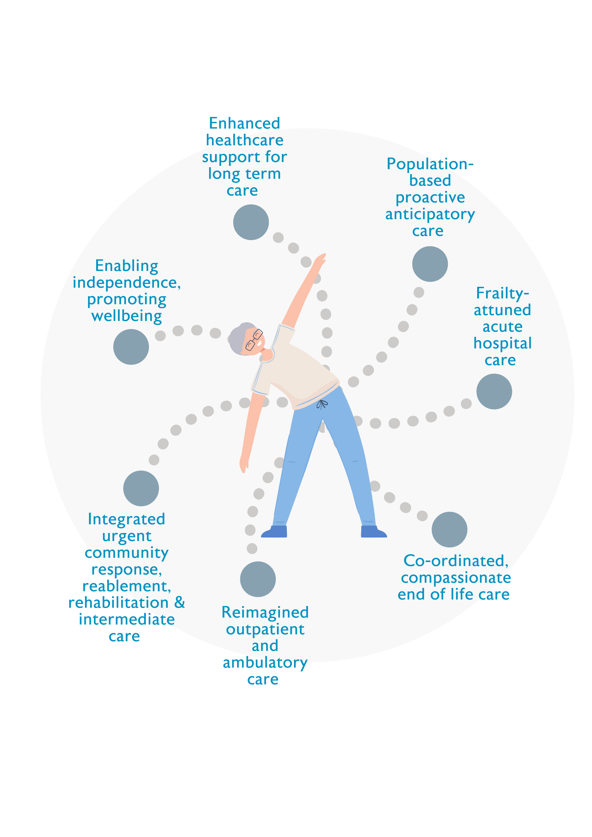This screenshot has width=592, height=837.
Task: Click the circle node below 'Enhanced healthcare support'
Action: click(x=251, y=222)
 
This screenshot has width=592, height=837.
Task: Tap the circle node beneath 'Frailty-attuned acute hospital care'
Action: click(x=494, y=391)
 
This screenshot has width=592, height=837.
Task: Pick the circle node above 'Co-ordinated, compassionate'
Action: click(x=449, y=529)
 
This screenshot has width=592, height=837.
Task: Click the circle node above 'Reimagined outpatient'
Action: click(x=258, y=579)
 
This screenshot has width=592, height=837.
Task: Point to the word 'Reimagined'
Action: click(x=265, y=612)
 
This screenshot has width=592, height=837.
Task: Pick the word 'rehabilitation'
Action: click(x=119, y=603)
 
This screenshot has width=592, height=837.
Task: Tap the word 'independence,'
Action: click(x=127, y=283)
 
